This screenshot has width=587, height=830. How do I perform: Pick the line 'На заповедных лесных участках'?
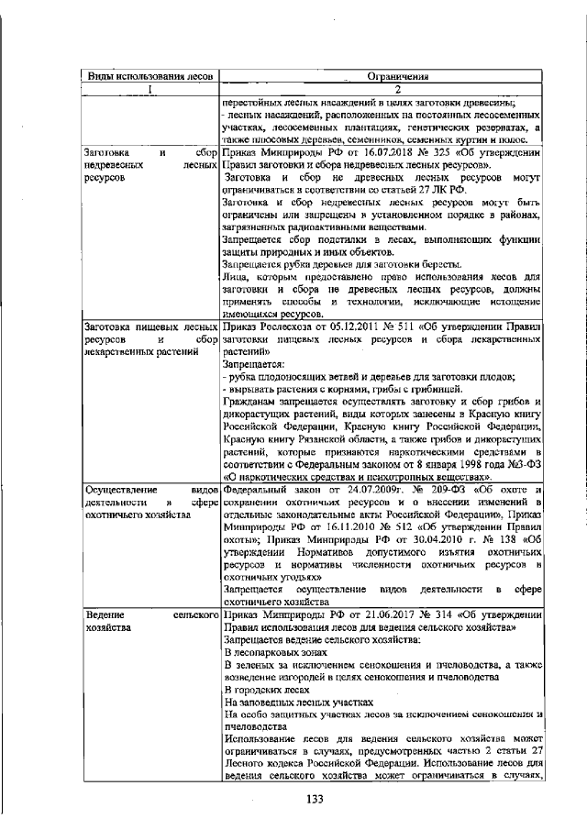pyautogui.click(x=299, y=702)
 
